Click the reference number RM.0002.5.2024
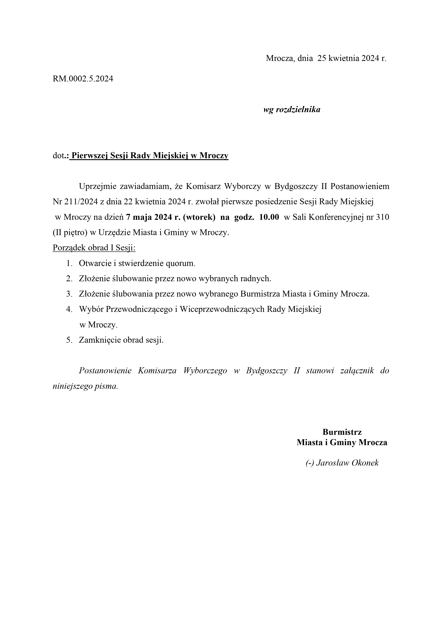pos(83,79)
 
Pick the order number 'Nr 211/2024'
pos(75,202)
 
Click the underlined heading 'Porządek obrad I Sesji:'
pos(94,248)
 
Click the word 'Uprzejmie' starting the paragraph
pos(96,186)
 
